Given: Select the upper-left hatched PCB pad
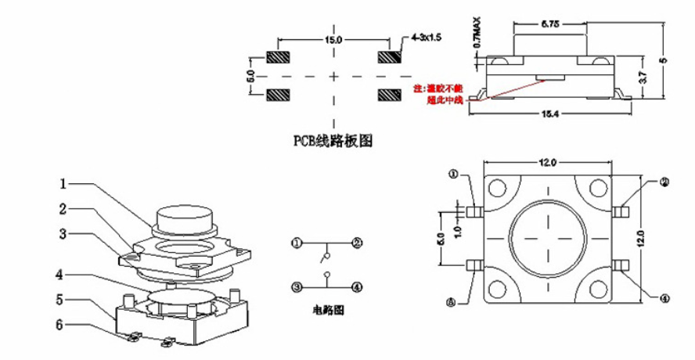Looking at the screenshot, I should [x=279, y=58].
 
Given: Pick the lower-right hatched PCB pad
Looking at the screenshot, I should [x=388, y=95].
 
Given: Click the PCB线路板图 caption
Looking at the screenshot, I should [x=332, y=141].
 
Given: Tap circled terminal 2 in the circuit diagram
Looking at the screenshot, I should [x=356, y=243].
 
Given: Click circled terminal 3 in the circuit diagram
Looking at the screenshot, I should [x=296, y=286].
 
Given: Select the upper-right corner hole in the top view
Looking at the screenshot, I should [x=599, y=187].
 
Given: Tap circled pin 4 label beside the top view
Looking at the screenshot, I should [x=664, y=297].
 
